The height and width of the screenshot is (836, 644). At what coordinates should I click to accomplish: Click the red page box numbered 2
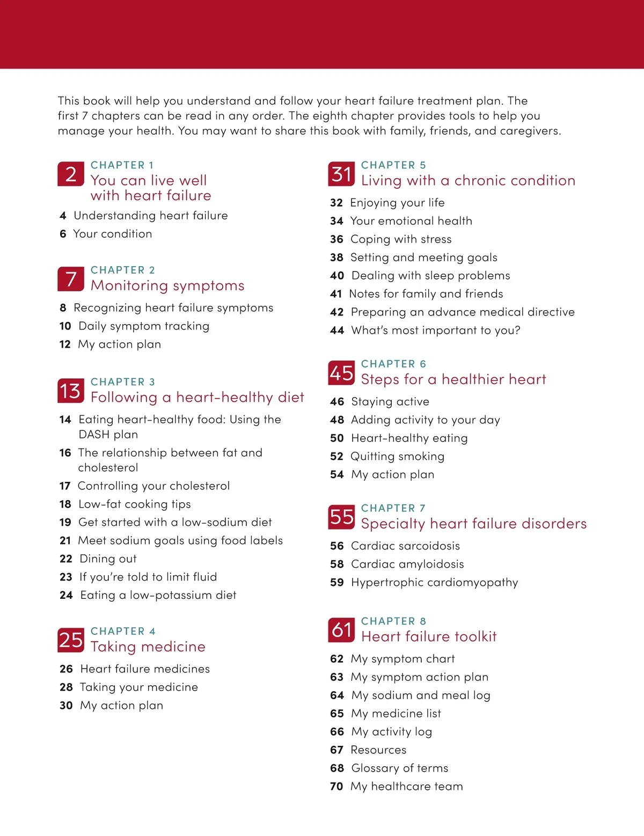[71, 174]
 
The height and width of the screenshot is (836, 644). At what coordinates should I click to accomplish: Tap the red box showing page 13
[71, 391]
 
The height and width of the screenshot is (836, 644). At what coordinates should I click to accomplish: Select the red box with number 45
[341, 373]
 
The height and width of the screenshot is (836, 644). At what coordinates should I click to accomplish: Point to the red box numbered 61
[341, 630]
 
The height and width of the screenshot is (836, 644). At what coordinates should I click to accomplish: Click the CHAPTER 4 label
[123, 631]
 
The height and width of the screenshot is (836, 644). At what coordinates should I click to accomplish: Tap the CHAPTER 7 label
[393, 508]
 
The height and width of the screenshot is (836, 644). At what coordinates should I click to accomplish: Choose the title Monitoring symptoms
[167, 285]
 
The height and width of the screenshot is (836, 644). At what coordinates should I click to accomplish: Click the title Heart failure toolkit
[429, 636]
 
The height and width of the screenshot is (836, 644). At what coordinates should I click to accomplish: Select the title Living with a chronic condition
[468, 180]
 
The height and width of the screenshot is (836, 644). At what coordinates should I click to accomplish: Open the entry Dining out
[108, 559]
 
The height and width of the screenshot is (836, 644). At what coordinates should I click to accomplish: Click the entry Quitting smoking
[397, 456]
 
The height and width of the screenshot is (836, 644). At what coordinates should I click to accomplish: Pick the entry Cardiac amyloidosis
[407, 564]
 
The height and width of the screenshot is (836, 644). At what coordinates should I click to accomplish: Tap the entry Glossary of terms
[399, 768]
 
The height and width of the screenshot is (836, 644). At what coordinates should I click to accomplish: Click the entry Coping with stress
[401, 239]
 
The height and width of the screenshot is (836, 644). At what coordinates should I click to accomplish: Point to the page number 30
[66, 705]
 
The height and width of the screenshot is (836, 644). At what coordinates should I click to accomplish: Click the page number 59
[337, 582]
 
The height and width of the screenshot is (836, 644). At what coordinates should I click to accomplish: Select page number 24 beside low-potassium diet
[66, 595]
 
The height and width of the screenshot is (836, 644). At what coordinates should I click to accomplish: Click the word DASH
[94, 434]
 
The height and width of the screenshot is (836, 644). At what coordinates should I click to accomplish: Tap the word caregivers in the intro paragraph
[530, 130]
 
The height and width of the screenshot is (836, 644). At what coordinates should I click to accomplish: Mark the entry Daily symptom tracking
[144, 326]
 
